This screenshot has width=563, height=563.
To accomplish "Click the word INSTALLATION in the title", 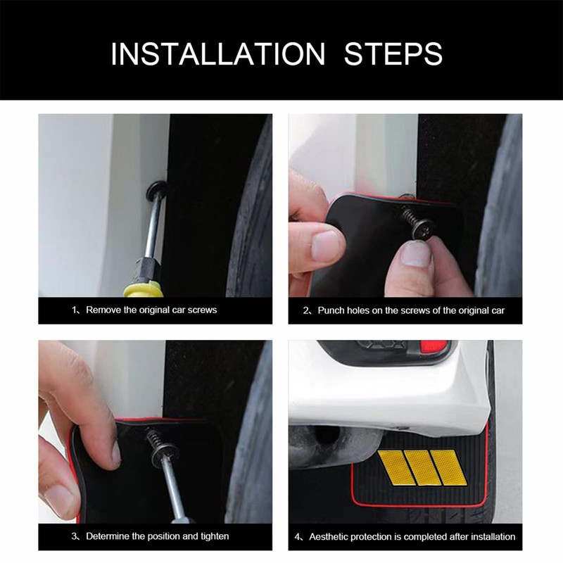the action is [x=218, y=54].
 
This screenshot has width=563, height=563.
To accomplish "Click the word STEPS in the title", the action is [x=393, y=54].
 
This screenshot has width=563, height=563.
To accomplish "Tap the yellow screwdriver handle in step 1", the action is [x=142, y=289].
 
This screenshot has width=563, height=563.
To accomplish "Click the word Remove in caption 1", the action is [x=103, y=310].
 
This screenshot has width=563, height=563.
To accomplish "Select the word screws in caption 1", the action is [x=202, y=310].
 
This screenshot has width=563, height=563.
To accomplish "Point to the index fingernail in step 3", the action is [x=115, y=453].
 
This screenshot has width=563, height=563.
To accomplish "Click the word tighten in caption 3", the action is [x=215, y=536].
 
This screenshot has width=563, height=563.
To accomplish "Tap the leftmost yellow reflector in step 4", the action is [x=396, y=467].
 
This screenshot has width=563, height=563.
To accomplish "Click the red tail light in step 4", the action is [x=434, y=346].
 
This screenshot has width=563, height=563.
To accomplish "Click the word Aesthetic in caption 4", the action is [x=329, y=536].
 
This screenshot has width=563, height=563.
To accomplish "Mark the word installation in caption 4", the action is [x=493, y=536].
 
